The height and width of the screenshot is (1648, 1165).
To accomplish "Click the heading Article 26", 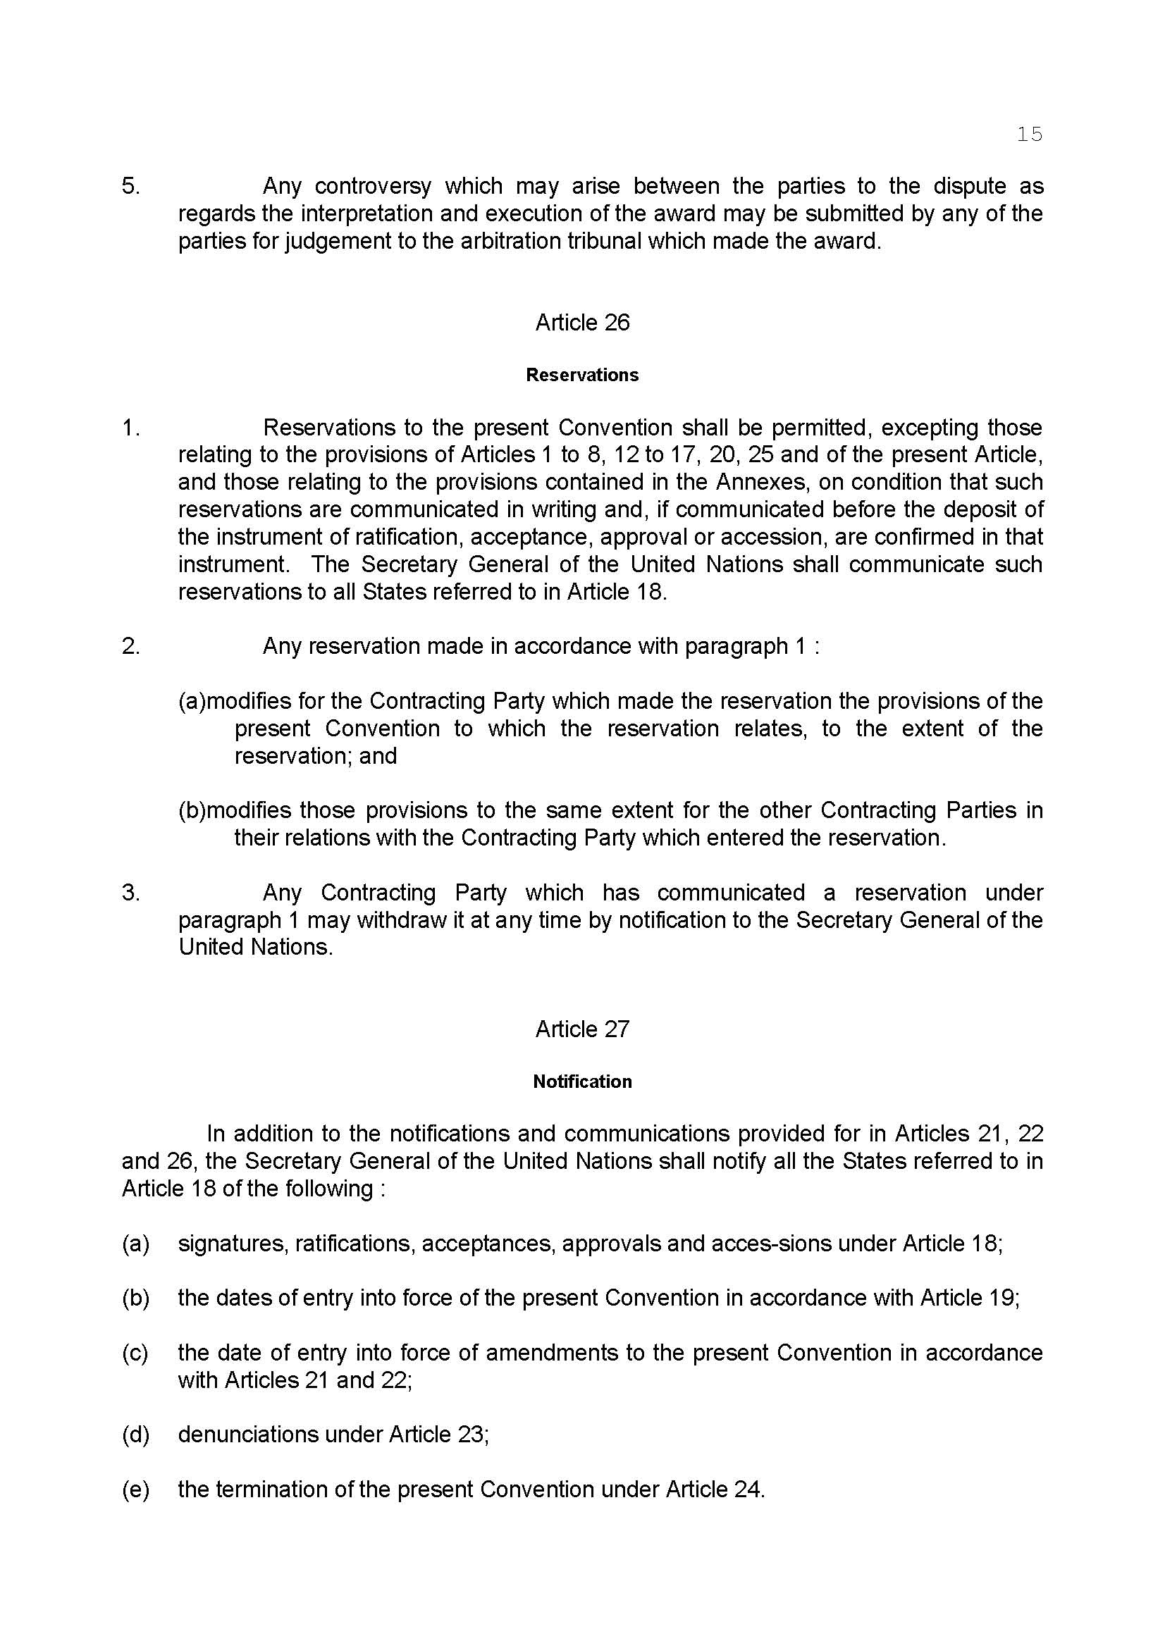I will [582, 322].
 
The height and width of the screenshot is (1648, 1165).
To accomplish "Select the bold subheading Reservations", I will [582, 375].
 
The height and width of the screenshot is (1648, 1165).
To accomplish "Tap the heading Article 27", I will [582, 1029].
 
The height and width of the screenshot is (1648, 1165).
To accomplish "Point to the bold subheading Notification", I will [582, 1081].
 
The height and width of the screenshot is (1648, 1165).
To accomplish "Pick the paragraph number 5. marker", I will [130, 187].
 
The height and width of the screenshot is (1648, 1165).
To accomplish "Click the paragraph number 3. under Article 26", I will [130, 893].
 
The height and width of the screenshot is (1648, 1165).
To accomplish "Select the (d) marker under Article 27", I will [135, 1434].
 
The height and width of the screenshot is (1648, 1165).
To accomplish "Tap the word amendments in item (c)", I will [552, 1352].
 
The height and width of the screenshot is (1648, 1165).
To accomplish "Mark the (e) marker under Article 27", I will [135, 1489].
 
